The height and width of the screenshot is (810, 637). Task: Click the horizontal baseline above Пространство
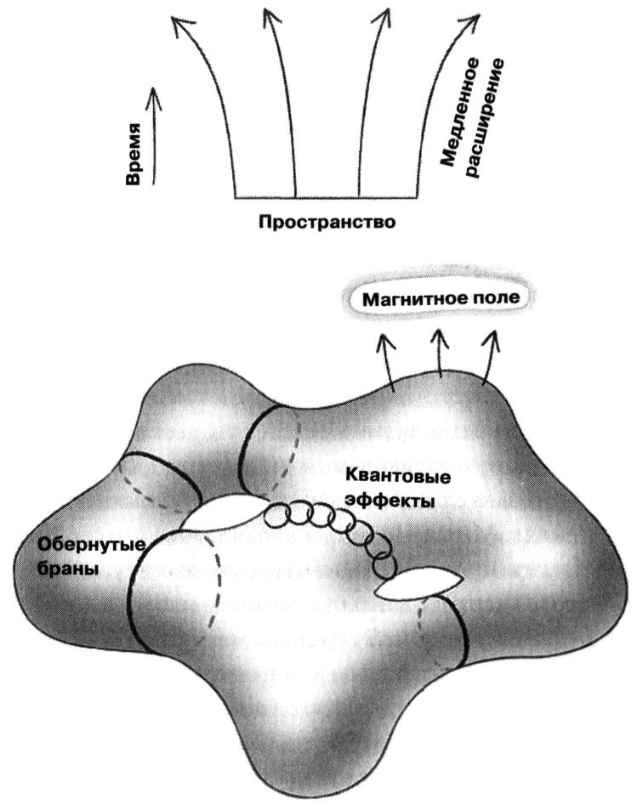point(327,196)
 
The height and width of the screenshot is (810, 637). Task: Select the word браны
point(64,570)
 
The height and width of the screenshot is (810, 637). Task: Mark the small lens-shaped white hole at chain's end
point(417,584)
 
